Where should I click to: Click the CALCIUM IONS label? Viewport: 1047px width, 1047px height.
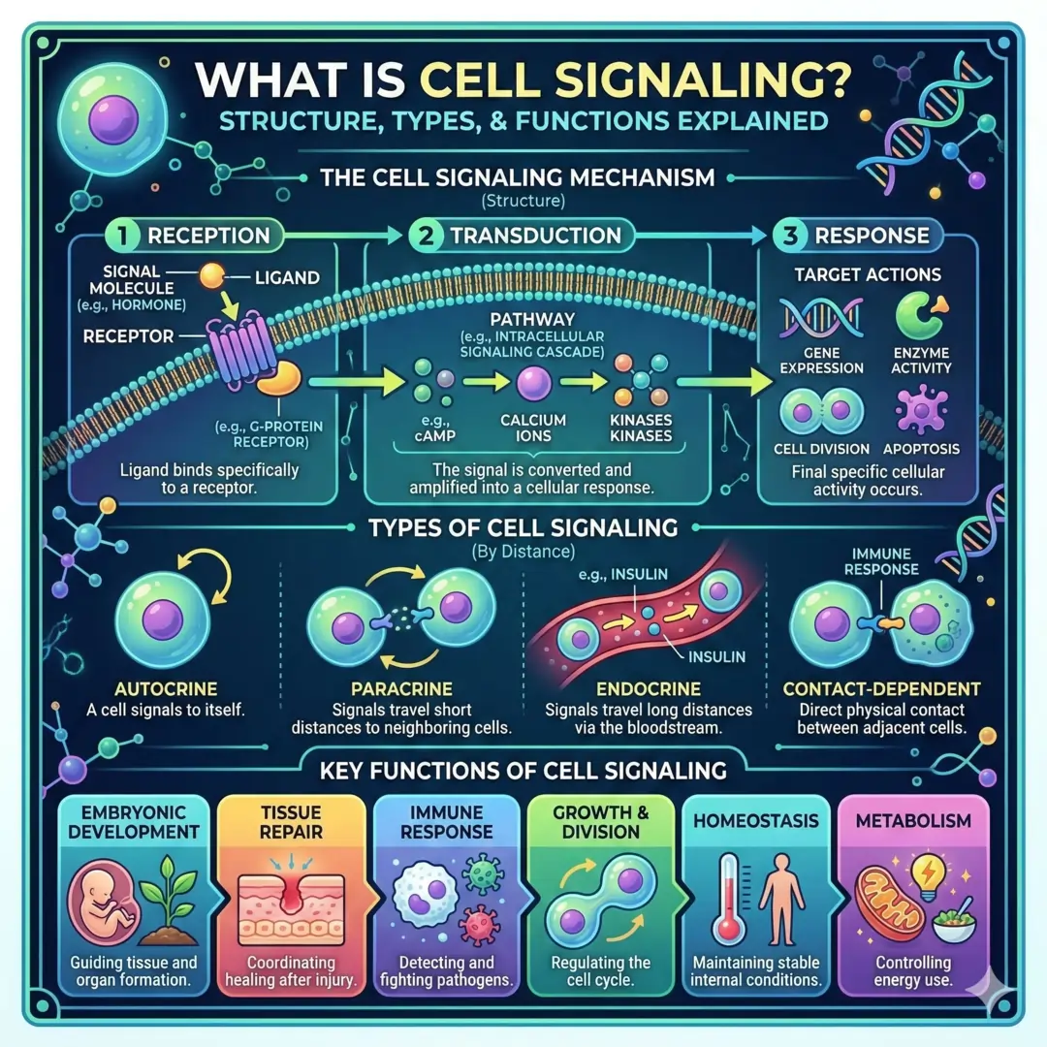tap(532, 428)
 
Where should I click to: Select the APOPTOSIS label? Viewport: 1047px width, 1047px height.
tap(922, 449)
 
